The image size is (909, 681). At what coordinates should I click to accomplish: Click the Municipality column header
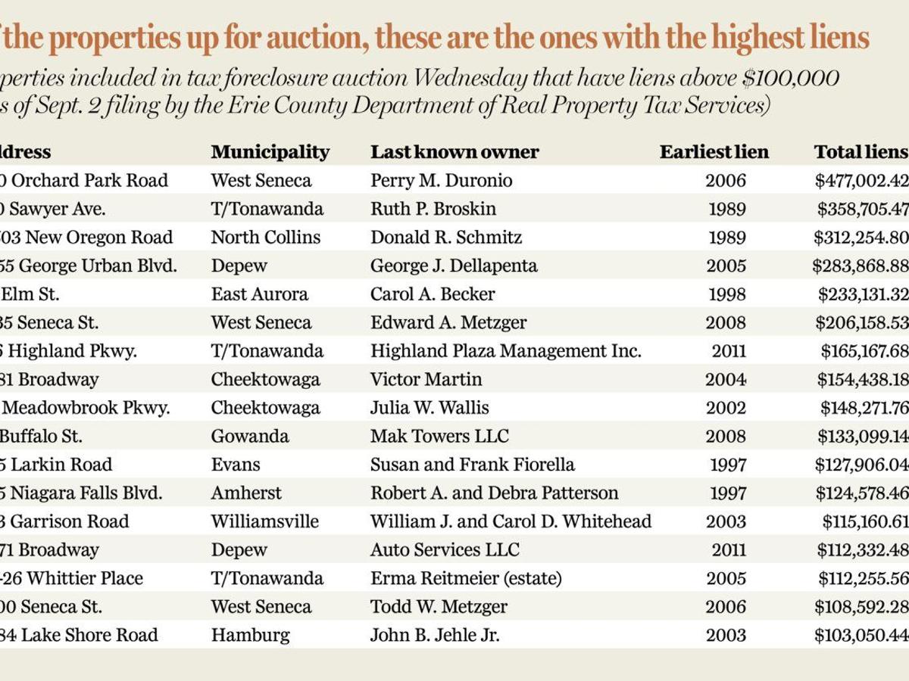pyautogui.click(x=270, y=152)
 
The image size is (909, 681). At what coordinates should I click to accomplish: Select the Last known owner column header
pyautogui.click(x=454, y=152)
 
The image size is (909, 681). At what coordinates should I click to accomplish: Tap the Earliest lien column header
pyautogui.click(x=714, y=152)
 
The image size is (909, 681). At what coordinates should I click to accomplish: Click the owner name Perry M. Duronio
pyautogui.click(x=441, y=181)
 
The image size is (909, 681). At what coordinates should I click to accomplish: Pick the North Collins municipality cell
pyautogui.click(x=265, y=238)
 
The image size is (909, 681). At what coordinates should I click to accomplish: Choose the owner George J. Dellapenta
pyautogui.click(x=454, y=266)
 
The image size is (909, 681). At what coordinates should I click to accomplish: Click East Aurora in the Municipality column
pyautogui.click(x=259, y=294)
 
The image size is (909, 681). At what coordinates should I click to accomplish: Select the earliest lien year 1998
pyautogui.click(x=726, y=294)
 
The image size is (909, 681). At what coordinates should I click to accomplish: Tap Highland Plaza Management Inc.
pyautogui.click(x=505, y=351)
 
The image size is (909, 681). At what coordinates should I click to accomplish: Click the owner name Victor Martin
pyautogui.click(x=426, y=380)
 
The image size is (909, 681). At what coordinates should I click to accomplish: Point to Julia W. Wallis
pyautogui.click(x=430, y=408)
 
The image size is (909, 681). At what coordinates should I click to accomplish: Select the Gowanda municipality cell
pyautogui.click(x=249, y=437)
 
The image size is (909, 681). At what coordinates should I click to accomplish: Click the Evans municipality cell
pyautogui.click(x=235, y=465)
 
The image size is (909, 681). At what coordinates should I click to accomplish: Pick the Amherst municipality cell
pyautogui.click(x=245, y=493)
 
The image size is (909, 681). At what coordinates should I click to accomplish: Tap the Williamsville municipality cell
pyautogui.click(x=264, y=521)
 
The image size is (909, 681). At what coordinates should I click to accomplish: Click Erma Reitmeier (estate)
pyautogui.click(x=466, y=578)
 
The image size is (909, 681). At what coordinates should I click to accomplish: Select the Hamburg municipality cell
pyautogui.click(x=250, y=635)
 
